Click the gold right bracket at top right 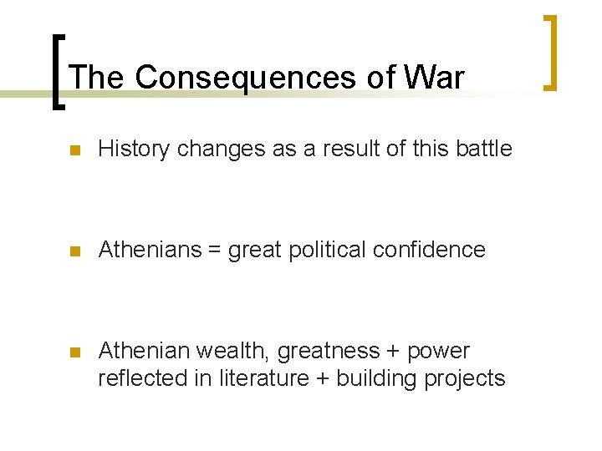coord(550,52)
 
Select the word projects coord(464,379)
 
